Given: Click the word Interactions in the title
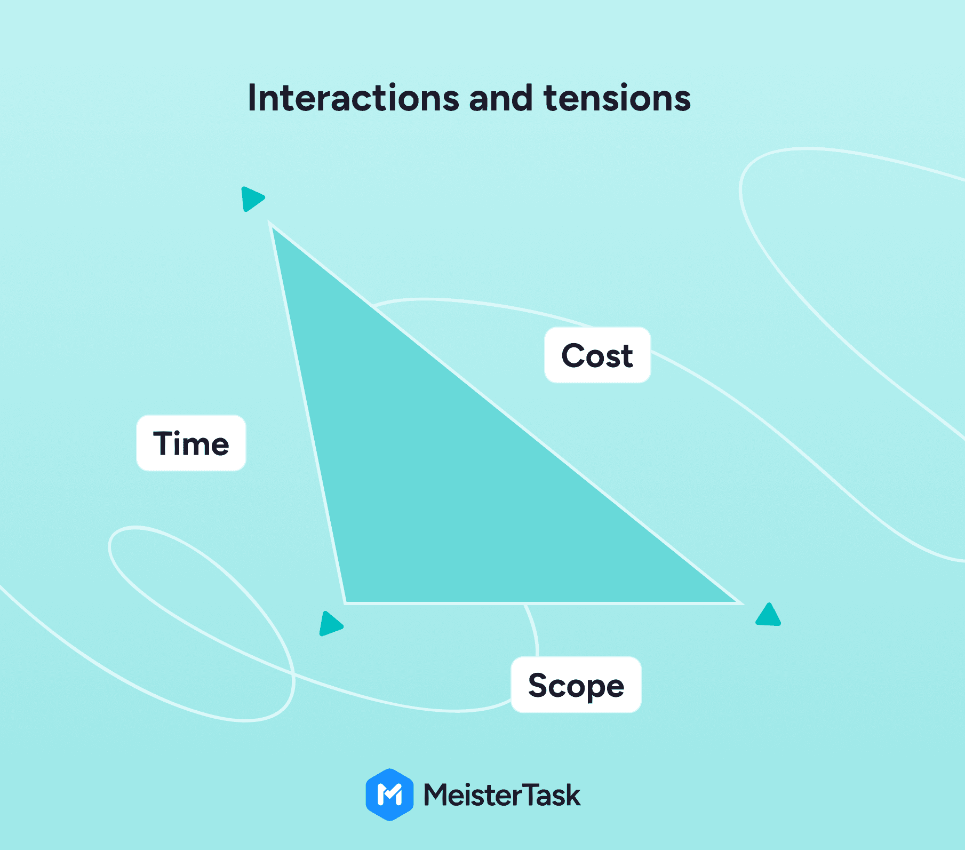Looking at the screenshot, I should (353, 98).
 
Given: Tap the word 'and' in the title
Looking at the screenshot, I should (501, 98).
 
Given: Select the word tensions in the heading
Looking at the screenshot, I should (617, 98).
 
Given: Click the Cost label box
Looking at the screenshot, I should (597, 355).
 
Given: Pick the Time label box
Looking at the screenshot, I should (191, 443).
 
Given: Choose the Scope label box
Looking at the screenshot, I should (576, 685).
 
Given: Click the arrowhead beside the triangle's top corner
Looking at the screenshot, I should (251, 198).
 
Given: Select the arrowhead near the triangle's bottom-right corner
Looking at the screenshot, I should (769, 615).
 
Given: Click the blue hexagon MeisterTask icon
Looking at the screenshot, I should (389, 795).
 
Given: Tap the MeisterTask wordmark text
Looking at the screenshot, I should (501, 795).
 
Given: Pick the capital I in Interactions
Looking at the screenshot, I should (252, 98).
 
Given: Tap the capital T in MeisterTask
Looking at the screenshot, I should (527, 795).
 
